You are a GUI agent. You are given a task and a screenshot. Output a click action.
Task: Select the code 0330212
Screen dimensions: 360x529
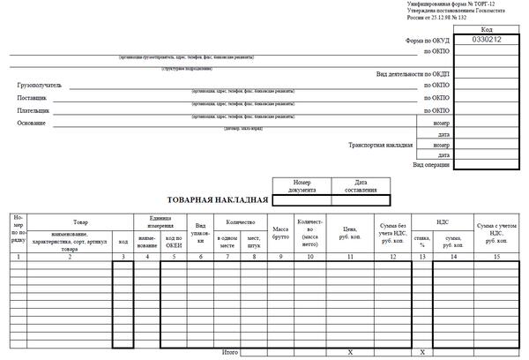487,40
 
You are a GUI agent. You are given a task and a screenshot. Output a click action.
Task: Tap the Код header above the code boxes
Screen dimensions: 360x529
487,29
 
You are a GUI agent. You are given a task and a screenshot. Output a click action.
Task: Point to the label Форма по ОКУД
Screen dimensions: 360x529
428,41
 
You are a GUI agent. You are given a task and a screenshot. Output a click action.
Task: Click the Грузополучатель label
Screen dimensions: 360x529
40,86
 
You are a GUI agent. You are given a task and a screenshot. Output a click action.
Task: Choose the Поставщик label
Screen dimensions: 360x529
33,98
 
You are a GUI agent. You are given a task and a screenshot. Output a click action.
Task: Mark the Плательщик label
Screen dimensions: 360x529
34,111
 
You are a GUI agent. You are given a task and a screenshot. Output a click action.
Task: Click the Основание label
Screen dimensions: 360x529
32,124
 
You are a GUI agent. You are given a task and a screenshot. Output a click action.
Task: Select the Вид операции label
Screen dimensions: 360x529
431,165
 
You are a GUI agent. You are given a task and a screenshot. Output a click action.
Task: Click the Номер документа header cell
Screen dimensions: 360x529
302,187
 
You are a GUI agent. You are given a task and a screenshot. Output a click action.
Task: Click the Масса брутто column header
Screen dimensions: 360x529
281,234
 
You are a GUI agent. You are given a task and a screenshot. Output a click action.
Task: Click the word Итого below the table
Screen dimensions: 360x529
229,352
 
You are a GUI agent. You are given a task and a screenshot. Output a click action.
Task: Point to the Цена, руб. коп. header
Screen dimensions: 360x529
350,234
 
